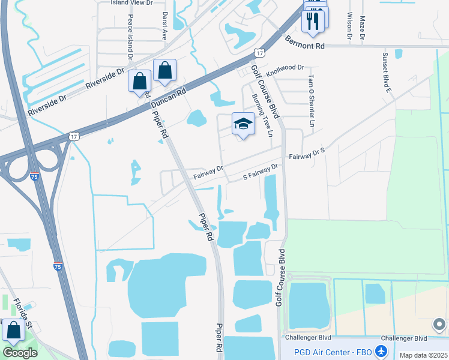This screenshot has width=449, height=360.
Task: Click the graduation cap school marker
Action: tap(243, 124)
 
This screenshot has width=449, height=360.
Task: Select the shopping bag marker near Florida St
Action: tap(13, 331)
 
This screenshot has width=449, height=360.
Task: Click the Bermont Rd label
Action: tap(304, 46)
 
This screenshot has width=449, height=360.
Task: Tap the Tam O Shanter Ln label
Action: tap(311, 103)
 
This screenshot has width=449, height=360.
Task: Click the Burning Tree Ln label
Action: tap(262, 115)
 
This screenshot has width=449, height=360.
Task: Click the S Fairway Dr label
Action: tap(261, 171)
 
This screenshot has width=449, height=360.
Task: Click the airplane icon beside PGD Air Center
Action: tap(380, 350)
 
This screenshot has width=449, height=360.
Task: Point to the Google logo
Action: tap(20, 352)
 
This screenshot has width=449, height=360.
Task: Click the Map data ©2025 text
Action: tap(423, 355)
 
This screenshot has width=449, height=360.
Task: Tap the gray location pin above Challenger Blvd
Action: tap(439, 325)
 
